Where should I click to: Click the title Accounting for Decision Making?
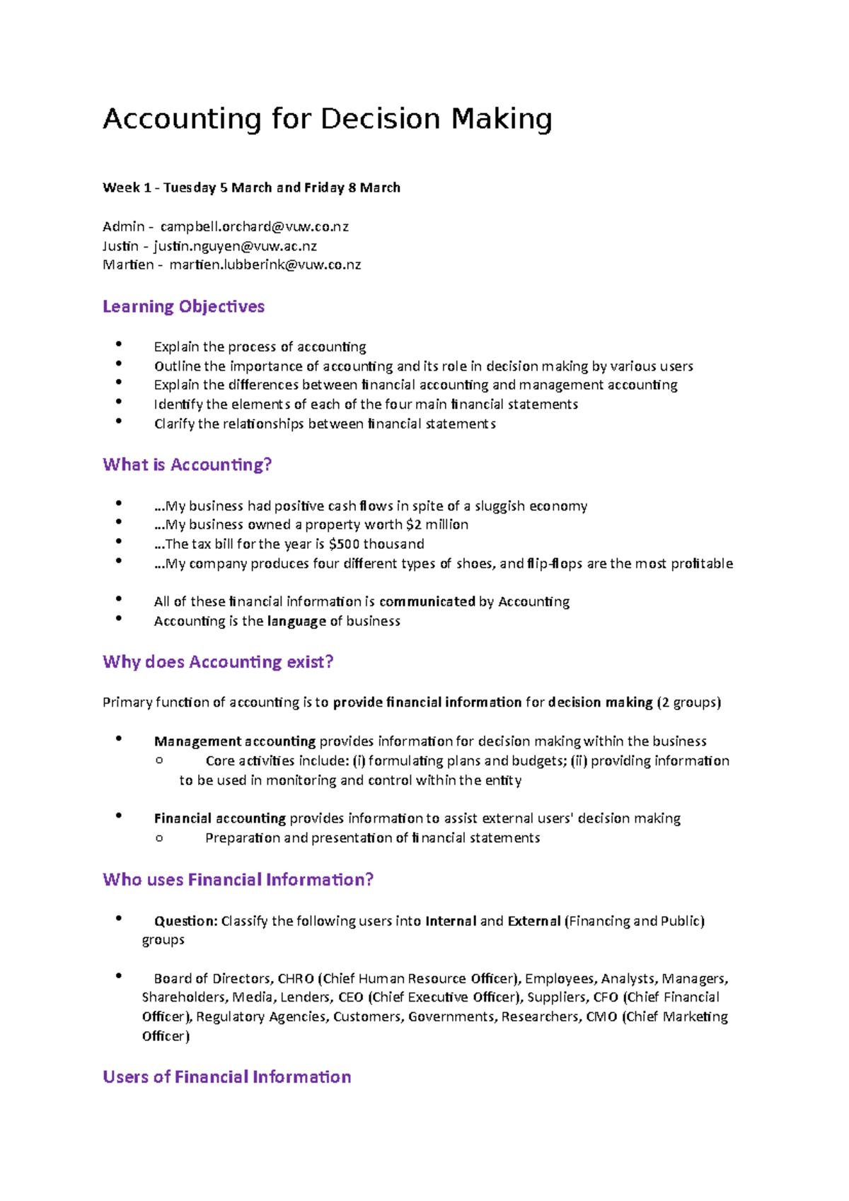click(x=327, y=119)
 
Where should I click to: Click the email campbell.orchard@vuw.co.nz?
click(x=254, y=227)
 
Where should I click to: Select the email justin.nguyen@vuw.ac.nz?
click(x=235, y=246)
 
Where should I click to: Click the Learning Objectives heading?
click(x=183, y=306)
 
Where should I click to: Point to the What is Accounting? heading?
click(x=187, y=465)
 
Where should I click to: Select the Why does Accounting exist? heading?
click(x=218, y=662)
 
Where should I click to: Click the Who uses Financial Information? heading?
click(x=238, y=880)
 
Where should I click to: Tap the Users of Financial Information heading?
click(x=226, y=1077)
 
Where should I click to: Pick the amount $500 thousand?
click(x=376, y=544)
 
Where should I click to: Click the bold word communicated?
click(x=427, y=602)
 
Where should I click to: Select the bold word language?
click(x=296, y=621)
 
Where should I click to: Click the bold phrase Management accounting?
click(x=234, y=741)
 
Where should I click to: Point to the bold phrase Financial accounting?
click(x=219, y=818)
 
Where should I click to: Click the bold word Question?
click(x=185, y=921)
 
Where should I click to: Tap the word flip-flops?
click(x=554, y=564)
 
